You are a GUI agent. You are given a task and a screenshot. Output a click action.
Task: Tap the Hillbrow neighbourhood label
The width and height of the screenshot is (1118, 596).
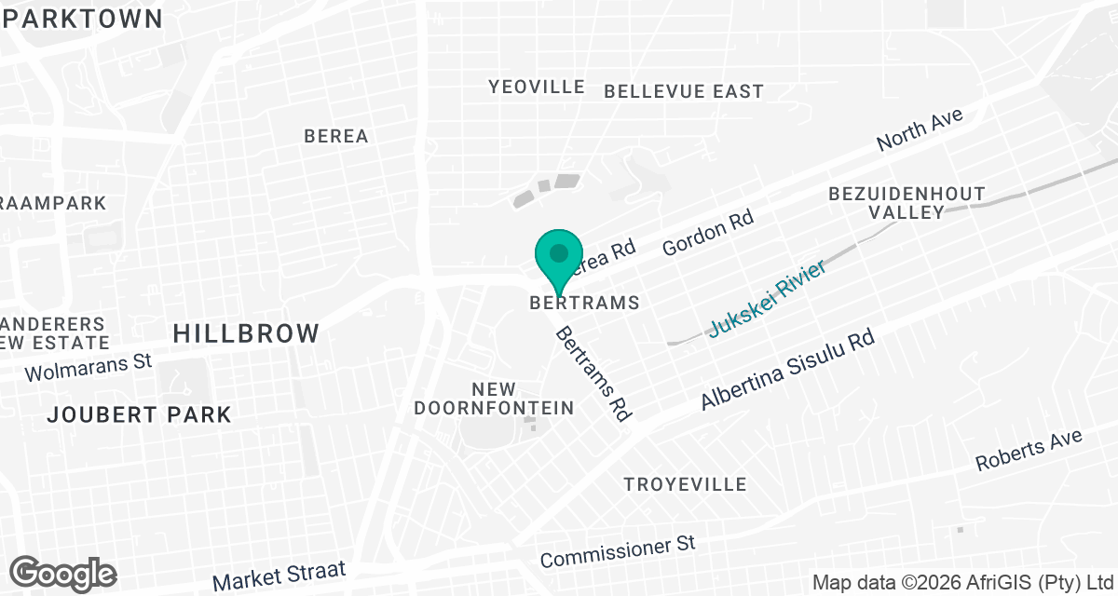(246, 332)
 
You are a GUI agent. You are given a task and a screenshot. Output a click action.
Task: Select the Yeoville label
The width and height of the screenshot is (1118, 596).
(537, 87)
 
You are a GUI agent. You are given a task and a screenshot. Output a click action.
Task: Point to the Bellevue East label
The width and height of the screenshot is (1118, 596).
(684, 91)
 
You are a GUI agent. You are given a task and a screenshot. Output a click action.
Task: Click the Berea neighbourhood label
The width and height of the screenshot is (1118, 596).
(336, 136)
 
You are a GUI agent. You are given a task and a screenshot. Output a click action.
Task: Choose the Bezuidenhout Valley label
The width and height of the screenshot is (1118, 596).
(907, 203)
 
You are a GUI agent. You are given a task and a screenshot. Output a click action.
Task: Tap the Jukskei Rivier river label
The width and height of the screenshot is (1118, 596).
(768, 300)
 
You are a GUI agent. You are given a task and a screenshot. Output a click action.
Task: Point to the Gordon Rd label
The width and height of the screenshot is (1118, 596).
(707, 233)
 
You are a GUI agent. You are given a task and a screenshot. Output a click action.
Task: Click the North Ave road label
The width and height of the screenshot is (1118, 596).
(920, 129)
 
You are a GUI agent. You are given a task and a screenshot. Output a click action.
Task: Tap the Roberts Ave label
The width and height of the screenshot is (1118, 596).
(1029, 451)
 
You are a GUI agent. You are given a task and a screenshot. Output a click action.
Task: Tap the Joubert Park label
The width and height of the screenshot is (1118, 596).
(140, 414)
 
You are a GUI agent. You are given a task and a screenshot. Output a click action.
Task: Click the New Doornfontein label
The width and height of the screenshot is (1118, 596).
(494, 399)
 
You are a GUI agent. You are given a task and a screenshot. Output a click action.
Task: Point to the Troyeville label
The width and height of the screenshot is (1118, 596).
(686, 484)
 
